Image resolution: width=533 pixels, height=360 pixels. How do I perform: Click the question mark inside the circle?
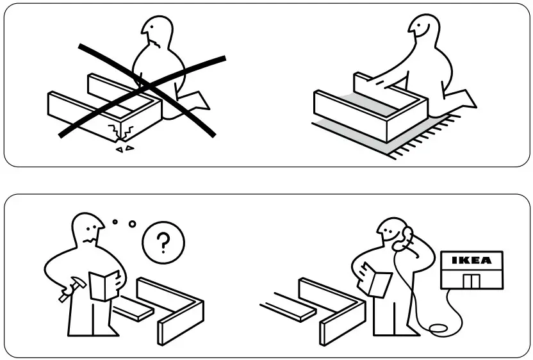[x=163, y=243]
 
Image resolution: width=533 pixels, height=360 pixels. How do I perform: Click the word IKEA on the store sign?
[x=472, y=261]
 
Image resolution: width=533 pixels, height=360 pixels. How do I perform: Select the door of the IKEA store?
[x=472, y=280]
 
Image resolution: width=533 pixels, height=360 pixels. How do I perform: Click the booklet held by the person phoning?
[x=377, y=281]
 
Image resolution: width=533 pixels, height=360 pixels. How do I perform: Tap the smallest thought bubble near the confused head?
[x=115, y=222]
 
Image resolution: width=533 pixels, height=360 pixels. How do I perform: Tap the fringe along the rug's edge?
[x=423, y=139]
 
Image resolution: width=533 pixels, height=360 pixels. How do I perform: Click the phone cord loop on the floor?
[x=438, y=329]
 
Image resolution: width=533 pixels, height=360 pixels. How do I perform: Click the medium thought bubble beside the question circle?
[x=133, y=224]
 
